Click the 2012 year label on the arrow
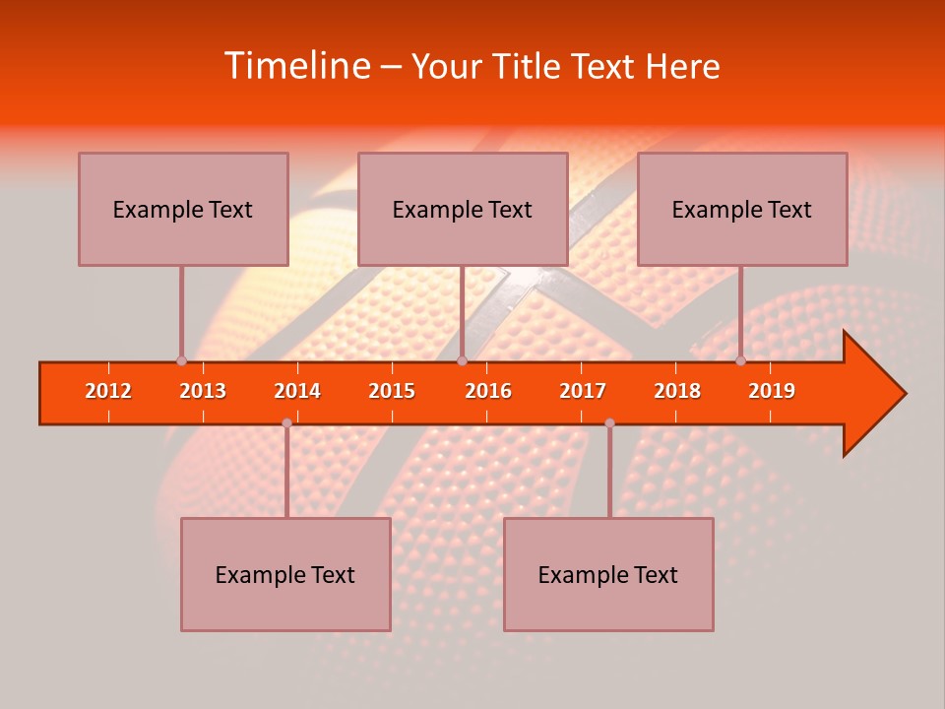coord(108,391)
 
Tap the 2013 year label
coord(203,391)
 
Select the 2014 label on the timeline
coord(297,391)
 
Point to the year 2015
coord(392,391)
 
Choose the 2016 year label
coord(488,391)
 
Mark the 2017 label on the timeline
coord(583,391)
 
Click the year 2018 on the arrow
coord(677,391)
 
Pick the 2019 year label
coord(772,391)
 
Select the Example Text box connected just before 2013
coord(183,209)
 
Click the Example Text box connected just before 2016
coord(463,209)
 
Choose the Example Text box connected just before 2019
coord(742,209)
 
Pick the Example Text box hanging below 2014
coord(285,574)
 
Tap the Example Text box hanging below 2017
coord(608,574)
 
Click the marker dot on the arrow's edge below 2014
coord(286,422)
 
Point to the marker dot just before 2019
coord(740,360)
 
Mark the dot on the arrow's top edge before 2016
coord(462,360)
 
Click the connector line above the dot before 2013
coord(181,310)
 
